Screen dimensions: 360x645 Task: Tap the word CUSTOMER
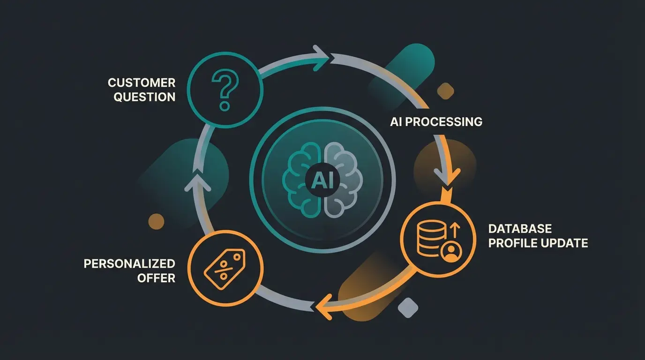pyautogui.click(x=142, y=83)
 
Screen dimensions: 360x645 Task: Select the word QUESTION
pyautogui.click(x=145, y=97)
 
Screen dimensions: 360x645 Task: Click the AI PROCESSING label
pyautogui.click(x=436, y=122)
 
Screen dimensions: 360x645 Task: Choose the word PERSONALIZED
pyautogui.click(x=129, y=263)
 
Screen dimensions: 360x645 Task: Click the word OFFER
pyautogui.click(x=156, y=278)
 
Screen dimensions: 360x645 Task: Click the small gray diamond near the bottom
pyautogui.click(x=407, y=307)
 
